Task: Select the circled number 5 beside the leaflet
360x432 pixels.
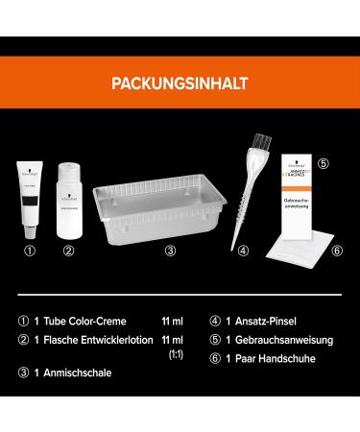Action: pos(324,163)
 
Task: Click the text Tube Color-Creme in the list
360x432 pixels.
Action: pos(92,323)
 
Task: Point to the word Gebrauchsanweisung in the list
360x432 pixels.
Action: pos(278,341)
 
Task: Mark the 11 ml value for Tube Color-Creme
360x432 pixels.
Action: pos(174,323)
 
